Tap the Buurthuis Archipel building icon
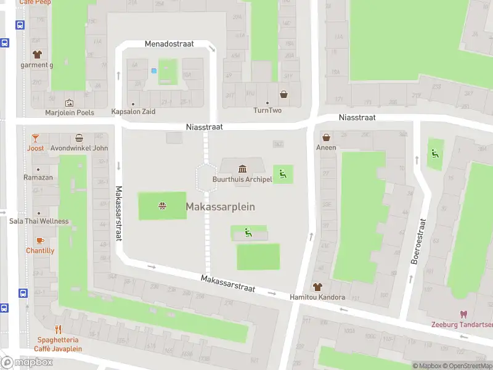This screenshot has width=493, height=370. [x=242, y=169]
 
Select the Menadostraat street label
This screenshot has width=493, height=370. [x=169, y=44]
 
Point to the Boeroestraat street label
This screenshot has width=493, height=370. [x=418, y=240]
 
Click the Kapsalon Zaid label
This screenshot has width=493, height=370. [x=133, y=112]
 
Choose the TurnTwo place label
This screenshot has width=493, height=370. [x=267, y=110]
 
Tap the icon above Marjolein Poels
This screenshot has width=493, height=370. [x=69, y=103]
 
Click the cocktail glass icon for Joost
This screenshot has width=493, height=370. [x=36, y=138]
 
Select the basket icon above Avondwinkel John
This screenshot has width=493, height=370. [x=79, y=138]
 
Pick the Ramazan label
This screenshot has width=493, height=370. [x=38, y=178]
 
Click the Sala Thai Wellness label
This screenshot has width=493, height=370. [x=38, y=221]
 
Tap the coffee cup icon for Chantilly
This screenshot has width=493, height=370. [x=40, y=240]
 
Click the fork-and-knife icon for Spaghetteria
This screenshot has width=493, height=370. [x=59, y=329]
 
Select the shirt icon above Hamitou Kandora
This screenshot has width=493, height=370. [x=317, y=287]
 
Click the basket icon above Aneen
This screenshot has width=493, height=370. [x=326, y=138]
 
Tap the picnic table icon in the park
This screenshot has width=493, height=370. [x=162, y=205]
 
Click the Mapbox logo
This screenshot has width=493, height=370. [x=27, y=363]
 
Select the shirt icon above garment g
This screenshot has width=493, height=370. [x=36, y=54]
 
